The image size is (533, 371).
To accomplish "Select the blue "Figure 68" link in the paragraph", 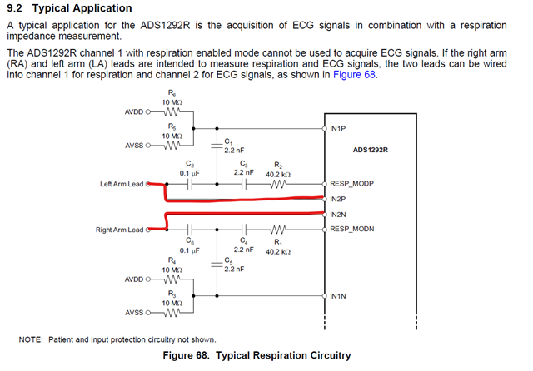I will tap(355, 75).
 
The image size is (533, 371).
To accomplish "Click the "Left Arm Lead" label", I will tap(122, 185).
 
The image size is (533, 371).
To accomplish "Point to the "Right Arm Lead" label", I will tap(120, 229).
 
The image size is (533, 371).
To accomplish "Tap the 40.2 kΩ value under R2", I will tap(277, 174).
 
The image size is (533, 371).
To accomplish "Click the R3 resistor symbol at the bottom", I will tap(172, 314).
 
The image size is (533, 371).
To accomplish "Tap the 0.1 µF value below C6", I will tap(191, 250).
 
